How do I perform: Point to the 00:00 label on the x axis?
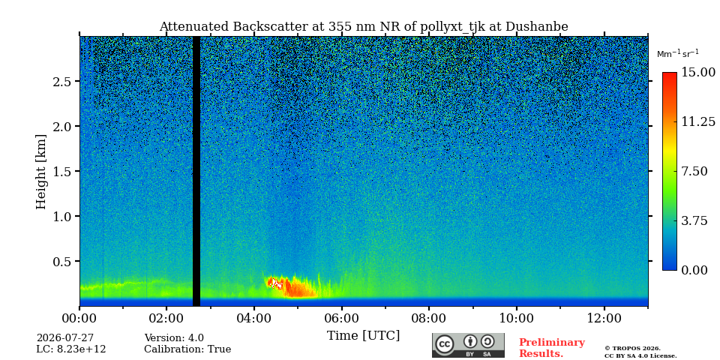tap(79, 318)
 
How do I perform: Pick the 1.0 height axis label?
tap(61, 216)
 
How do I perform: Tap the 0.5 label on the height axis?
tap(61, 261)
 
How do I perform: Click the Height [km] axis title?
tap(42, 172)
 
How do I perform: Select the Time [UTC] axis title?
tap(363, 336)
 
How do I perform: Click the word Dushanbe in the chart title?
tap(537, 27)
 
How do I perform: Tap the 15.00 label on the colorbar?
tap(698, 73)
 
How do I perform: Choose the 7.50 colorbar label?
tap(695, 171)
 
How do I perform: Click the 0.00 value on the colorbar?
tap(695, 270)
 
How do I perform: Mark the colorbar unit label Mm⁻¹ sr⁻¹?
tap(678, 53)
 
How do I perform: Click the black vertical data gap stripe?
tap(196, 171)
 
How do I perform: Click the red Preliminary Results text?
tap(552, 348)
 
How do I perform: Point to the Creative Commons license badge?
tap(468, 345)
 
